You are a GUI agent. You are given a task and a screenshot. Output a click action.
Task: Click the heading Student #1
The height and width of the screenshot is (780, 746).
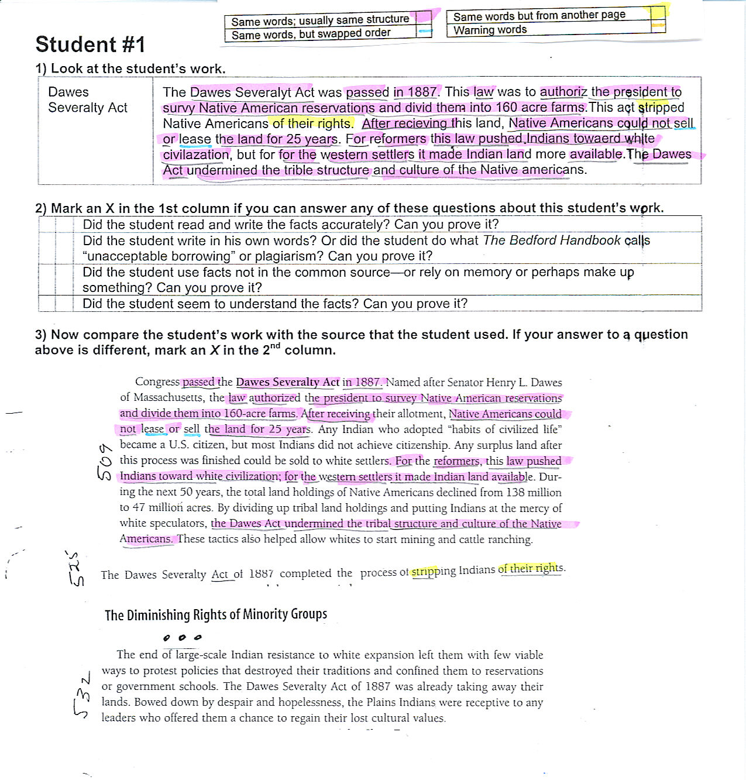point(90,45)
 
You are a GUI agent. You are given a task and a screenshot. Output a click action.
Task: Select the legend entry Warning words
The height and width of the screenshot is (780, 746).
point(490,30)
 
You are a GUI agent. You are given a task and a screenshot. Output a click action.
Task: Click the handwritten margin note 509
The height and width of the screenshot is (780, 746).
point(104,461)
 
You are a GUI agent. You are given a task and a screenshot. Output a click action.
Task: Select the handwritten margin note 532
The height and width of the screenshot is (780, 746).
point(82,695)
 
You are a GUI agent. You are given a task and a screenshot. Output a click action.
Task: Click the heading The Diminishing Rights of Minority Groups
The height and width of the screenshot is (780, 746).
point(215,614)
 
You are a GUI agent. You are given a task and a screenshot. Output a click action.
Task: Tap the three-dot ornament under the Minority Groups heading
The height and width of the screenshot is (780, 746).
point(182,637)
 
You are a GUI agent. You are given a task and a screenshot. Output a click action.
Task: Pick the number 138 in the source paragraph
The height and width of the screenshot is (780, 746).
point(515,492)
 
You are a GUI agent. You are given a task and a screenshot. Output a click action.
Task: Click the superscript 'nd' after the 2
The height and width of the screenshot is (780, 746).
point(275,346)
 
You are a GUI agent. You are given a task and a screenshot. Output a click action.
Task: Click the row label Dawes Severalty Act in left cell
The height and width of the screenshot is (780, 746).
point(88,100)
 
